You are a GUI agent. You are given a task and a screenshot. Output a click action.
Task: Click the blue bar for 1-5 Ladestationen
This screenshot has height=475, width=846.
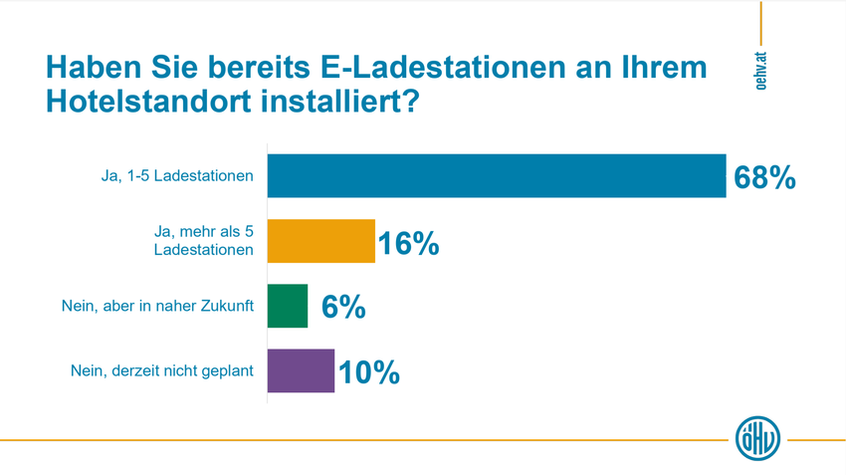click(x=498, y=176)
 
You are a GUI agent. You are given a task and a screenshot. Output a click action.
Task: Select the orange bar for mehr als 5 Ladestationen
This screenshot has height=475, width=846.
click(x=321, y=241)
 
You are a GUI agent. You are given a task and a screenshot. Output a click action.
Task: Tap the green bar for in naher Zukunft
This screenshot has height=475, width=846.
click(x=288, y=306)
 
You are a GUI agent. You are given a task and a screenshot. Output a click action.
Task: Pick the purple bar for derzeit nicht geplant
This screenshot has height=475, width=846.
click(x=302, y=370)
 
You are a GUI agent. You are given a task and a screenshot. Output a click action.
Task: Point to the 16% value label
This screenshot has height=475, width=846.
click(x=408, y=242)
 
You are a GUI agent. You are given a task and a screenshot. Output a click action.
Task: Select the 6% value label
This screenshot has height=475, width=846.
click(x=343, y=307)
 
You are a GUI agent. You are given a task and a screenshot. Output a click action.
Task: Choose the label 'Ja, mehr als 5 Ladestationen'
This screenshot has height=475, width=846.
click(x=199, y=241)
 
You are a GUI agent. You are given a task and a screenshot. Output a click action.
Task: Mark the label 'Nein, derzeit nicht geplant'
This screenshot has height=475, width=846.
click(x=162, y=370)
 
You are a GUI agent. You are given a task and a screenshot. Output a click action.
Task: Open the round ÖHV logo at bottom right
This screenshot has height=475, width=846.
click(x=756, y=438)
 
